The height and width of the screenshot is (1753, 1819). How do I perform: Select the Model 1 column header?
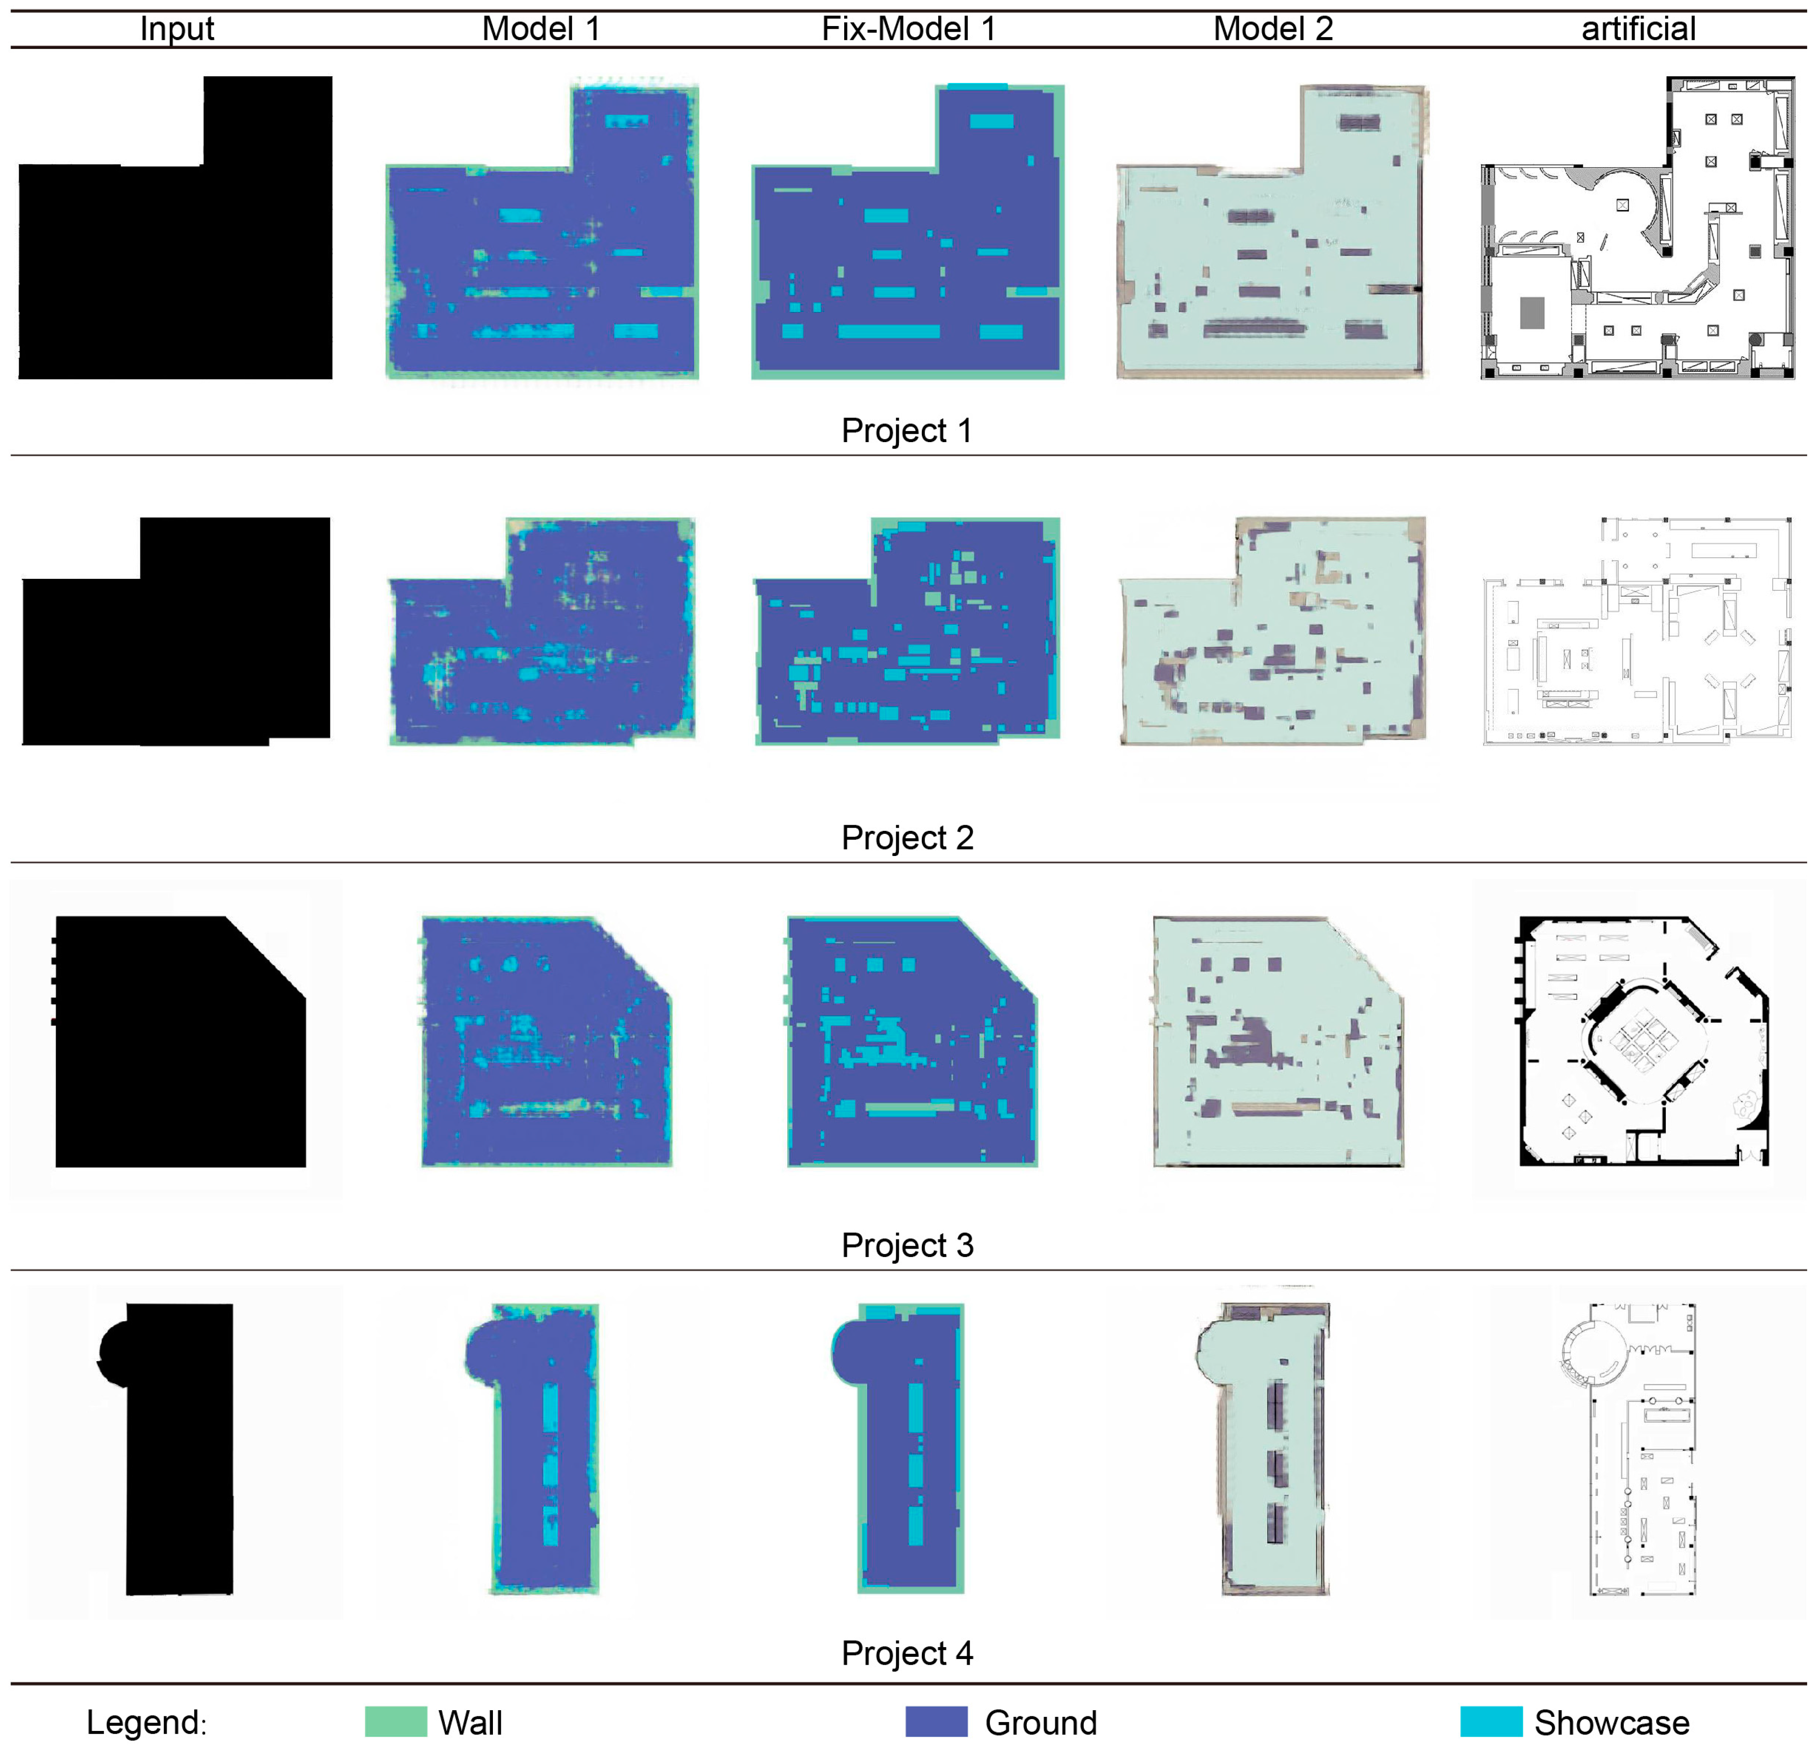[541, 29]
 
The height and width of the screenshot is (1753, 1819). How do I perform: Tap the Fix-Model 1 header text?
[909, 29]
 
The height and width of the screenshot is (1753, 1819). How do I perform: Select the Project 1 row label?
[907, 431]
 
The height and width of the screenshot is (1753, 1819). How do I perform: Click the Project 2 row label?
[907, 838]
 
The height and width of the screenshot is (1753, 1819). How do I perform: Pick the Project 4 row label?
[907, 1653]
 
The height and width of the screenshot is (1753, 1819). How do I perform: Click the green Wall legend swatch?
[395, 1721]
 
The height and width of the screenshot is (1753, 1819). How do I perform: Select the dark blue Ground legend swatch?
[936, 1721]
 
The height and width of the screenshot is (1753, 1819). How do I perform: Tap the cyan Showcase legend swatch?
[1491, 1721]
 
